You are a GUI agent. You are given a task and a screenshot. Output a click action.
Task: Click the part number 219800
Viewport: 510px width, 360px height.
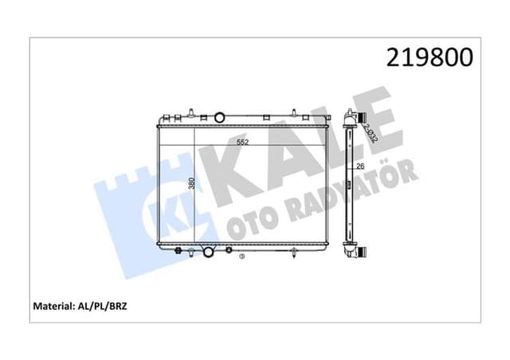pos(429,57)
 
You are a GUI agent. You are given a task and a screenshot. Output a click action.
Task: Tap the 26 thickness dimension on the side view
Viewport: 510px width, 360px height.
pos(359,166)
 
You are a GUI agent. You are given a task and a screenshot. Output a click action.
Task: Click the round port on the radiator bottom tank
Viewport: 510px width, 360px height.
pos(209,252)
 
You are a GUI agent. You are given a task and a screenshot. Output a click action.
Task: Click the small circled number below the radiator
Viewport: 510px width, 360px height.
pos(242,257)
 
